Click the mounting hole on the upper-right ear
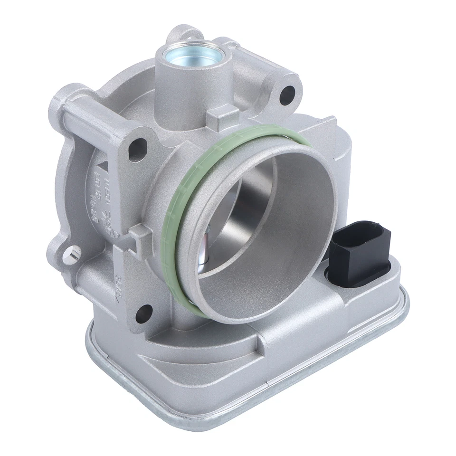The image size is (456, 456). pos(287,95)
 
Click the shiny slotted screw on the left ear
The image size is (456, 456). pos(73,257)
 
